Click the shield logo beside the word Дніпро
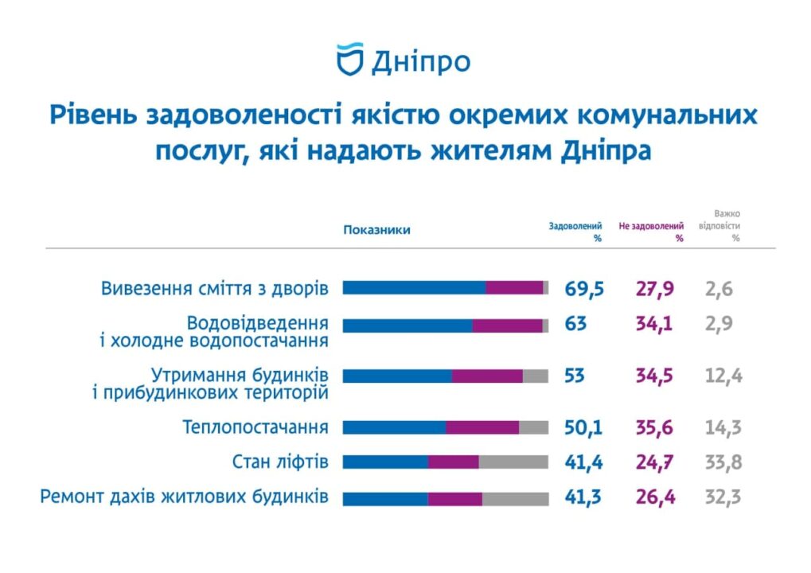pyautogui.click(x=349, y=60)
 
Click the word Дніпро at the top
pyautogui.click(x=420, y=61)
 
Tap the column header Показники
pyautogui.click(x=376, y=230)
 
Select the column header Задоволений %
pyautogui.click(x=575, y=232)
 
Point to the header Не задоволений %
pyautogui.click(x=651, y=232)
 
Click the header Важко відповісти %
pyautogui.click(x=719, y=225)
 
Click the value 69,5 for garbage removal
pyautogui.click(x=585, y=288)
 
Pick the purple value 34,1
pyautogui.click(x=655, y=324)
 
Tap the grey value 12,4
pyautogui.click(x=723, y=376)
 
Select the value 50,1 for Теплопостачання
pyautogui.click(x=583, y=427)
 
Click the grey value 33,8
pyautogui.click(x=723, y=462)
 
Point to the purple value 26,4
pyautogui.click(x=655, y=498)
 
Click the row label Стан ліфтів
pyautogui.click(x=280, y=462)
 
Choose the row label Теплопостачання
pyautogui.click(x=255, y=427)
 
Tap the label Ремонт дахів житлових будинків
pyautogui.click(x=184, y=497)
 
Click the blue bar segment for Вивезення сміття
pyautogui.click(x=414, y=288)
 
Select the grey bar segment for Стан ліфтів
pyautogui.click(x=513, y=462)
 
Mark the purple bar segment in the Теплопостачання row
pyautogui.click(x=482, y=427)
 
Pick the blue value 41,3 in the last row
pyautogui.click(x=583, y=498)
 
